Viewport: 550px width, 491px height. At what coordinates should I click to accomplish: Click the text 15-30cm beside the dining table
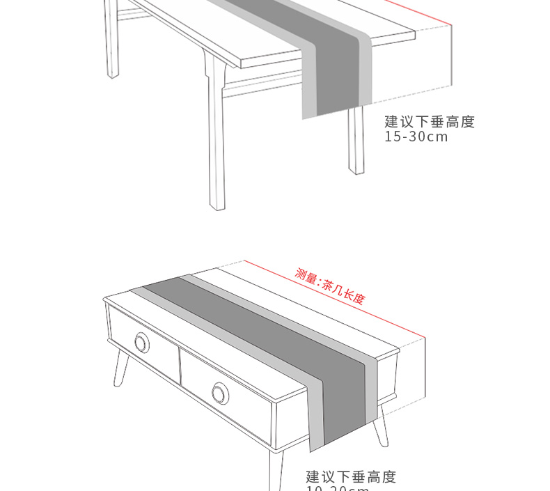point(416,137)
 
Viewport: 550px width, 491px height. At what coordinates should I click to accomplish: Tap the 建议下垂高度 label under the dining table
point(430,122)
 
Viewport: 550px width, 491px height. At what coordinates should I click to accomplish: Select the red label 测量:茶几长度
point(330,286)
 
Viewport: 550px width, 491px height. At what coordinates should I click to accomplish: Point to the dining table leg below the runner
point(356,139)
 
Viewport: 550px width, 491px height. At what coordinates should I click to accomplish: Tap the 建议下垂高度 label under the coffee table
point(351,477)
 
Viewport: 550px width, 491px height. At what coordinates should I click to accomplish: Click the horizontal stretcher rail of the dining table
point(265,84)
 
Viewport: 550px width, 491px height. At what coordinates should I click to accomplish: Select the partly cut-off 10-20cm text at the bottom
point(338,488)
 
